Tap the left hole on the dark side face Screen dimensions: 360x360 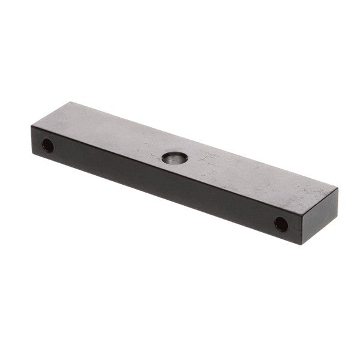pos(47,145)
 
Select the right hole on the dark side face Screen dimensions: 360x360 pos(281,224)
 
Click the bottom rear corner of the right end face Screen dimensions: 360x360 pos(337,220)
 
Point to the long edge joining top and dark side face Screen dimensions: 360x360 pos(162,166)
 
